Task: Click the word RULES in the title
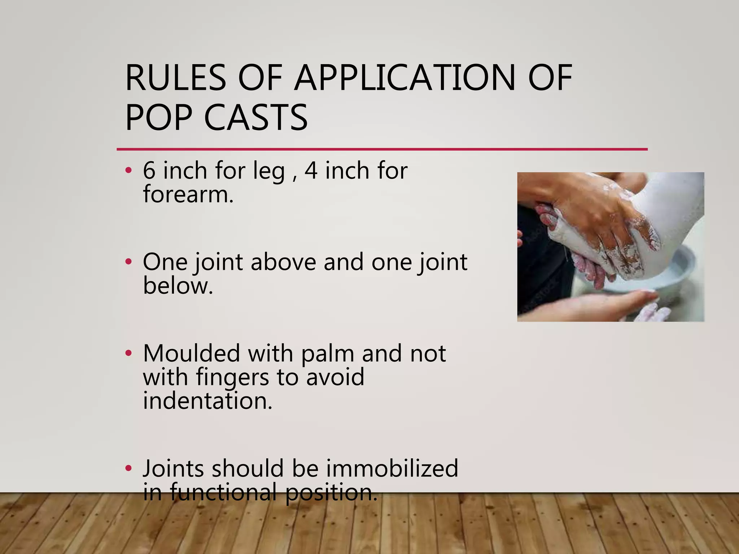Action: [176, 78]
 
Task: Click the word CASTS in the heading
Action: [256, 118]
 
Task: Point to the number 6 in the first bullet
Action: [149, 171]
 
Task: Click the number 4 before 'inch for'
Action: [311, 171]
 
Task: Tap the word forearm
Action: [188, 195]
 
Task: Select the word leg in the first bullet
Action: [269, 172]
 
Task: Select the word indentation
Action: [207, 401]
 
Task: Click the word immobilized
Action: [392, 469]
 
